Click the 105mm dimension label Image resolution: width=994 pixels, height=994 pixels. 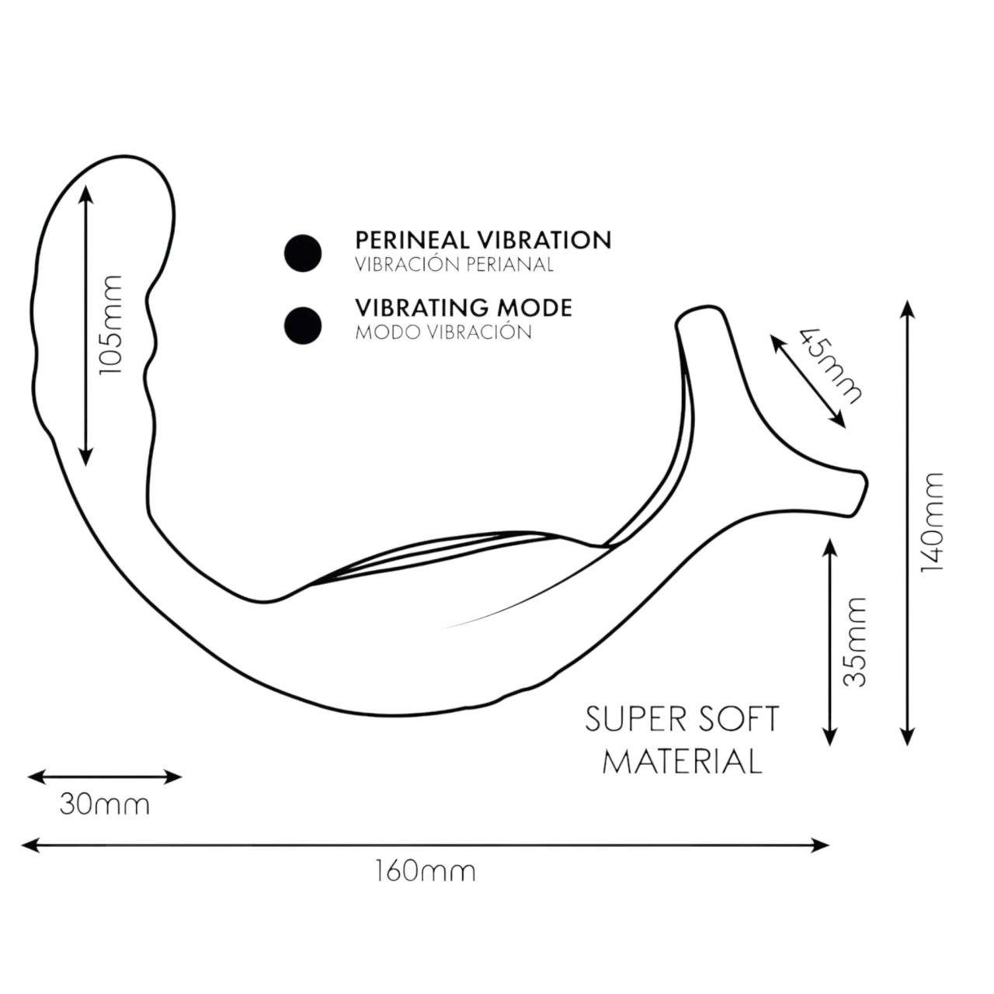pyautogui.click(x=112, y=325)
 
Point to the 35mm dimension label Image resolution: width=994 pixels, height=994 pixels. pyautogui.click(x=855, y=641)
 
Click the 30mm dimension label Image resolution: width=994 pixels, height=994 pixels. pyautogui.click(x=105, y=805)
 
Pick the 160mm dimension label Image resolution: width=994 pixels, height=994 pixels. pyautogui.click(x=425, y=871)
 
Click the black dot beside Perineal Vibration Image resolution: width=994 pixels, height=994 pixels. pyautogui.click(x=303, y=253)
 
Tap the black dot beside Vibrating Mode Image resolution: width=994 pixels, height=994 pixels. pyautogui.click(x=303, y=325)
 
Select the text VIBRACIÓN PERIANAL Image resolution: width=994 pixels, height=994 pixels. pyautogui.click(x=454, y=265)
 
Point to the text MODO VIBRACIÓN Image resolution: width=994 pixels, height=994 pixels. pyautogui.click(x=443, y=332)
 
